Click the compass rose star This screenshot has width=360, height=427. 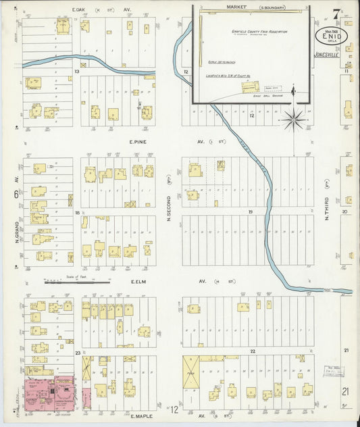[294, 120]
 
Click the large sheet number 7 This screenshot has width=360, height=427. [336, 13]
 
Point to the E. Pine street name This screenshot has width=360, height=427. [138, 143]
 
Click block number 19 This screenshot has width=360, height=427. [249, 212]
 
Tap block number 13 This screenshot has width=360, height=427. [77, 70]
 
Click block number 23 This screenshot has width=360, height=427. [78, 352]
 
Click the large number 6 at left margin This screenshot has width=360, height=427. [15, 195]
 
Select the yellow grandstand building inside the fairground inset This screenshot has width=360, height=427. [251, 86]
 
